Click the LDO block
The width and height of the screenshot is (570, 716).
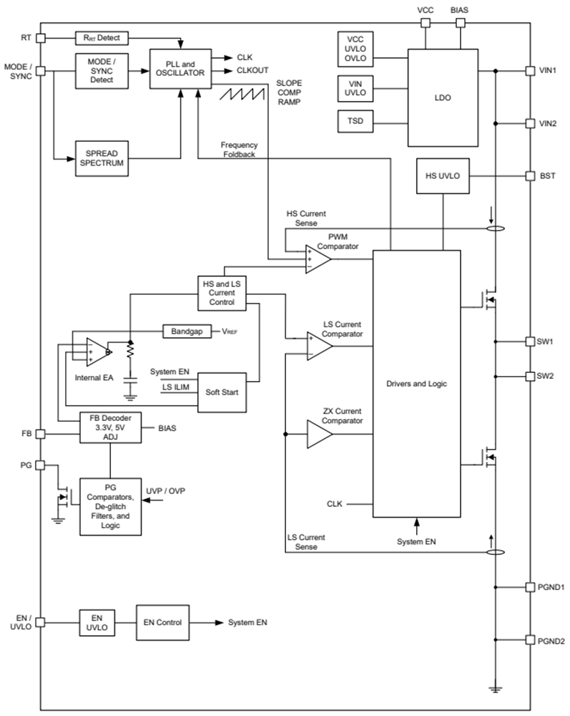pyautogui.click(x=443, y=97)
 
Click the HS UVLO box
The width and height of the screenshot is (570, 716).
pyautogui.click(x=443, y=176)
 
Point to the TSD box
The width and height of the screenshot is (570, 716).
pyautogui.click(x=355, y=121)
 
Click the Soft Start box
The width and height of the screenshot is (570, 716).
pyautogui.click(x=222, y=392)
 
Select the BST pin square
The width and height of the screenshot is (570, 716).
pyautogui.click(x=530, y=175)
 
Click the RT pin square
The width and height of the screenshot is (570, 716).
pyautogui.click(x=41, y=37)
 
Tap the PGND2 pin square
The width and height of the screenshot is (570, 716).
pyautogui.click(x=530, y=639)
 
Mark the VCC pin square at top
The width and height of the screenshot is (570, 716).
pyautogui.click(x=425, y=23)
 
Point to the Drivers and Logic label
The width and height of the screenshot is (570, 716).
pyautogui.click(x=417, y=384)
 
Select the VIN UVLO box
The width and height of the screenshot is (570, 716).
pyautogui.click(x=355, y=87)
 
